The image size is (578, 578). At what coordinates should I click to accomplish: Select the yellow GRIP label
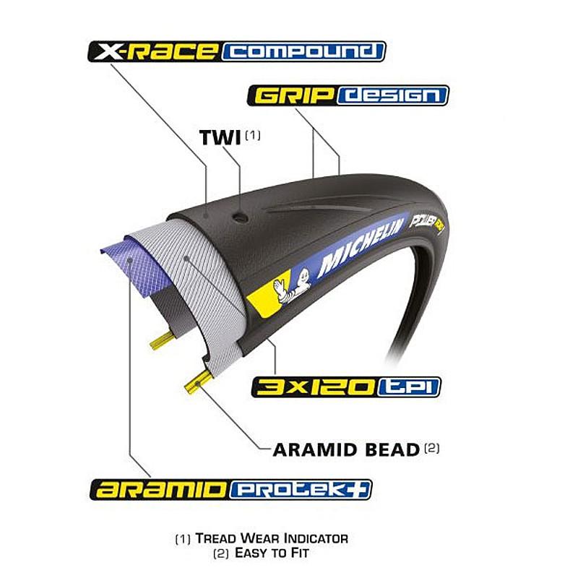(x=293, y=95)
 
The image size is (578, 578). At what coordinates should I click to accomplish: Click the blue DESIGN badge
(x=392, y=95)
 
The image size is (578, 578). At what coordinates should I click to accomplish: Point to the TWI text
(x=220, y=137)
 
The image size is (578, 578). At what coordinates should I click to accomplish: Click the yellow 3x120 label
(x=315, y=387)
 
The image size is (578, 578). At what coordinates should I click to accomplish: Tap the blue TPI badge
(x=409, y=387)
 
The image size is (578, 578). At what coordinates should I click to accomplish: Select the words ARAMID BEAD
(x=346, y=449)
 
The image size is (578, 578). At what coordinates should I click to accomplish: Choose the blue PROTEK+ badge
(x=301, y=490)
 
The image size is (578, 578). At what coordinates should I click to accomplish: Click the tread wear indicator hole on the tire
(x=240, y=217)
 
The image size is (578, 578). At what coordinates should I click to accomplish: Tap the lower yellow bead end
(x=198, y=381)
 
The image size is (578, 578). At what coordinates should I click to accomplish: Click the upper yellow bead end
(x=162, y=340)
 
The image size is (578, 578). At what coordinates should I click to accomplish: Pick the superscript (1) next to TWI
(x=252, y=135)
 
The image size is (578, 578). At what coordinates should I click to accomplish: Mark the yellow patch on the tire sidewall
(x=269, y=295)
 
